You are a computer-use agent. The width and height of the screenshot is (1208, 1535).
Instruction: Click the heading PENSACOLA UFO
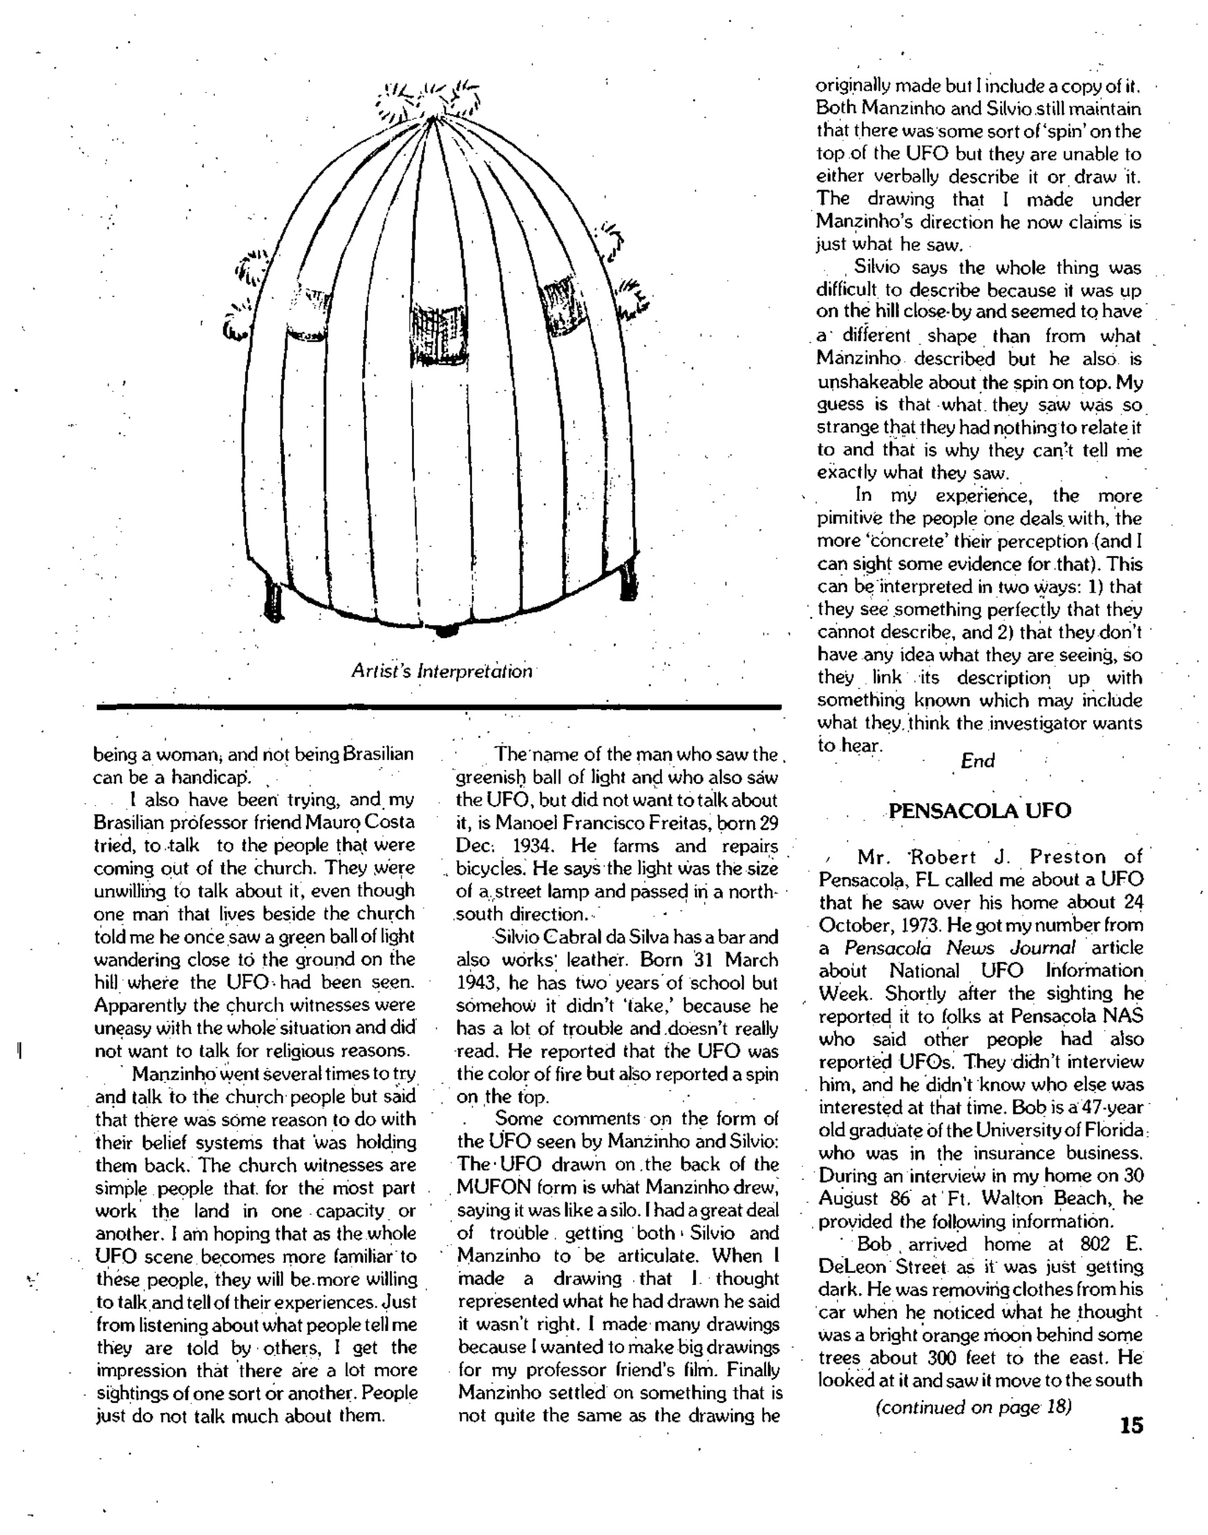pos(979,810)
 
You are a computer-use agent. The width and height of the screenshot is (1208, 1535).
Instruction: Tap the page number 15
pos(1131,1424)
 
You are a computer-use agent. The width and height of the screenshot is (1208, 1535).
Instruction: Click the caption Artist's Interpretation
pos(442,671)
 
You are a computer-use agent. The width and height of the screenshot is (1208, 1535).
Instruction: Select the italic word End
pos(977,761)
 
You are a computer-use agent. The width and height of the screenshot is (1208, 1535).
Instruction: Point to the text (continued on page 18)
pos(974,1406)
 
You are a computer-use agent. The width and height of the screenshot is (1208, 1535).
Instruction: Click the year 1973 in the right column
pos(894,925)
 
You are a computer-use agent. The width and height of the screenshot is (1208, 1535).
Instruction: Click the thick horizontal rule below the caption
pos(439,706)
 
